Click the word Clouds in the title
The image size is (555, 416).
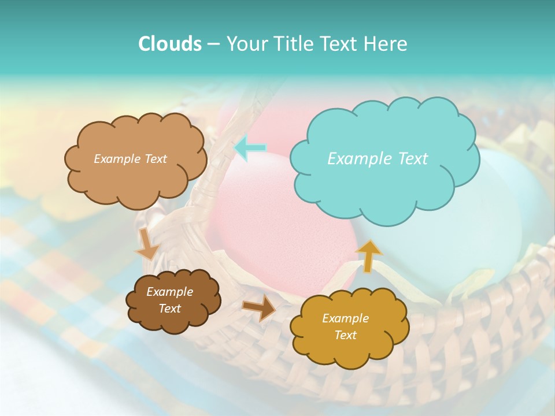169,44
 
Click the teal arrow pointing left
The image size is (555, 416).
249,148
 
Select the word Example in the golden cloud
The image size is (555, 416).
345,318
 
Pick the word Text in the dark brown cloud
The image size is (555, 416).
169,309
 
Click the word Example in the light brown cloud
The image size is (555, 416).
117,159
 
